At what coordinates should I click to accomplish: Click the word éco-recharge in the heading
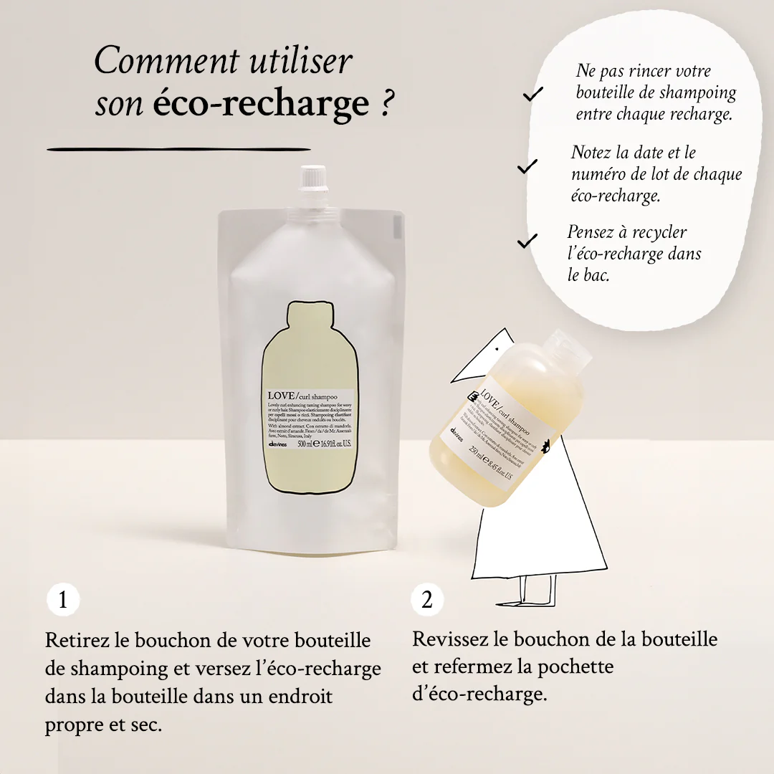(x=261, y=104)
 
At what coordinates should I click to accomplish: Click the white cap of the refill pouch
(x=313, y=182)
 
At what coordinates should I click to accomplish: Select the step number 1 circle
(x=63, y=600)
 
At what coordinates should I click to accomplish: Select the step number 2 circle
(x=427, y=600)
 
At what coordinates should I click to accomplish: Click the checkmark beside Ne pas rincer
(x=532, y=94)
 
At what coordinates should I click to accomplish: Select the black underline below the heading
(x=178, y=149)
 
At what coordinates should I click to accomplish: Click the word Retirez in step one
(x=75, y=640)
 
